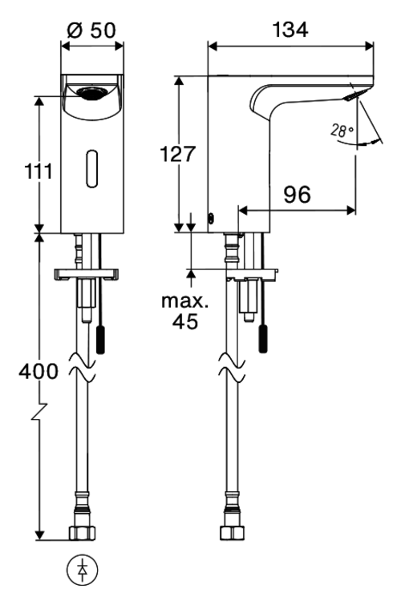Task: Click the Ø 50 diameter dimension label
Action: click(91, 30)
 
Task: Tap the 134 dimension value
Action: click(290, 30)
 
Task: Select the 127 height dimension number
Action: click(178, 154)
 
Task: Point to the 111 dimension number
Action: click(38, 171)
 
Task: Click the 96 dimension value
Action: click(297, 194)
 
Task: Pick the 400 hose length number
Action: click(38, 371)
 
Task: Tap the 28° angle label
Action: click(342, 131)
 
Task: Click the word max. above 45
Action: click(185, 301)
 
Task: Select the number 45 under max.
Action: click(185, 321)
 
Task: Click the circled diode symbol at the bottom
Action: click(82, 571)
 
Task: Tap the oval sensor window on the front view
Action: click(92, 169)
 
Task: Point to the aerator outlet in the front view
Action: click(91, 93)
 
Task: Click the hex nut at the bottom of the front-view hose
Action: click(82, 532)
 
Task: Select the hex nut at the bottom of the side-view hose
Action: click(232, 532)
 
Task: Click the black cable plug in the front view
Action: click(100, 339)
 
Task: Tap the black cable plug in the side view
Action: click(264, 339)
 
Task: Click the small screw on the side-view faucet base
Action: click(212, 219)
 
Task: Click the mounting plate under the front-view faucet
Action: click(87, 274)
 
